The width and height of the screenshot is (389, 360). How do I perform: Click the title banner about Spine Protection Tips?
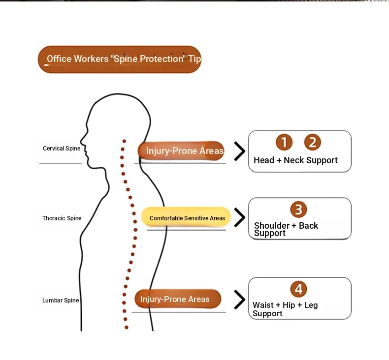point(119,59)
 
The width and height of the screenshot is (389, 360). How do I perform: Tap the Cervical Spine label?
point(62,149)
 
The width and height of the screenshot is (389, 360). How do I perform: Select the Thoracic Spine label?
point(62,218)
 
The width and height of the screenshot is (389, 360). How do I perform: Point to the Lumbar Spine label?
point(61,300)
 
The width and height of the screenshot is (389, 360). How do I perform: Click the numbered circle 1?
point(284,142)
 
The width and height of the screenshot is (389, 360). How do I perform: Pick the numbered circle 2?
point(313,142)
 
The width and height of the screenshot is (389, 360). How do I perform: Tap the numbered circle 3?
point(298,210)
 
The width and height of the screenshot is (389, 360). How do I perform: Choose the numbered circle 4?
point(298,289)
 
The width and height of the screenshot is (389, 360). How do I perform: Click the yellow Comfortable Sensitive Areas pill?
point(186,217)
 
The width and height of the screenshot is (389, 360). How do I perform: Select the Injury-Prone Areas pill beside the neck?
point(181,150)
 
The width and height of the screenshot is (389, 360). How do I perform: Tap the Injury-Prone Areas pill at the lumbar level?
point(178,299)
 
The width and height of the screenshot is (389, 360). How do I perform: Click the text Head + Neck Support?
point(295,160)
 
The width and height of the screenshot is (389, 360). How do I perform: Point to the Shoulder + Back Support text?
point(286,229)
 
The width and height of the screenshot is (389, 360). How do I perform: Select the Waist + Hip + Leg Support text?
point(285,309)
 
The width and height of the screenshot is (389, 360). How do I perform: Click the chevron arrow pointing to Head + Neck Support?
point(240,151)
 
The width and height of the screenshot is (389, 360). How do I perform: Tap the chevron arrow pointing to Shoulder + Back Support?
point(240,217)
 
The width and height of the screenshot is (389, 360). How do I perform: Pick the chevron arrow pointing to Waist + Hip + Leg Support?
point(240,300)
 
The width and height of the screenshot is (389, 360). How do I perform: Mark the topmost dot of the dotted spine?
point(124,141)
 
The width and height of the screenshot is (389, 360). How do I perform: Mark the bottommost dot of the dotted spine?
point(126,328)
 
